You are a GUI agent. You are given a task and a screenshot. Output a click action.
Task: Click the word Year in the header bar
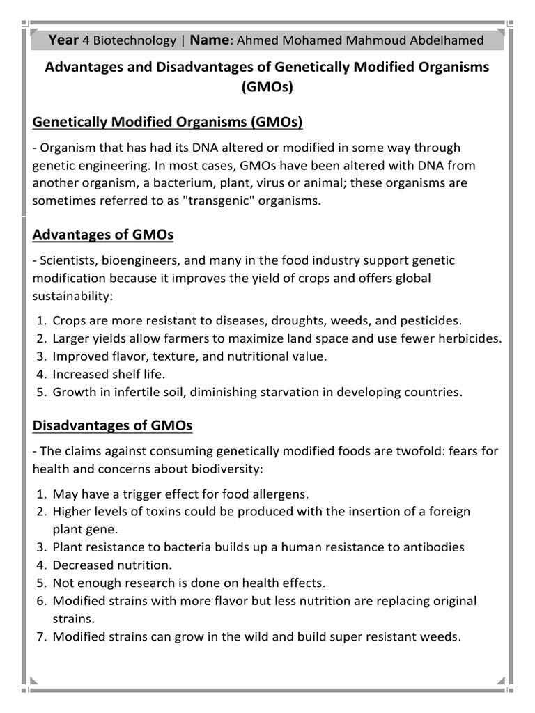63,40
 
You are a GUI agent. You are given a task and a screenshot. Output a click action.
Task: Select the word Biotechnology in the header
133,40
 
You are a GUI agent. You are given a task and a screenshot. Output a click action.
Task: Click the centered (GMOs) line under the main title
267,88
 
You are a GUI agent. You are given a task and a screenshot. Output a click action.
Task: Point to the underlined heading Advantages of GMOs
103,235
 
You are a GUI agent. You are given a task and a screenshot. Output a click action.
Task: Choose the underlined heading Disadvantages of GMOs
112,425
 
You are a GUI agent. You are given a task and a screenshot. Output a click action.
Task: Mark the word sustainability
70,296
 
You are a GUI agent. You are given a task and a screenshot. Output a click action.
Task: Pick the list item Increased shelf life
109,374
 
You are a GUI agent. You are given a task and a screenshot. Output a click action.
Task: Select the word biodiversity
222,469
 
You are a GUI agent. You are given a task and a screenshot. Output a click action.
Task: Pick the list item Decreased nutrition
112,565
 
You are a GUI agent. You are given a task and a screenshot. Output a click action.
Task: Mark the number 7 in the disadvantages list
40,636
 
